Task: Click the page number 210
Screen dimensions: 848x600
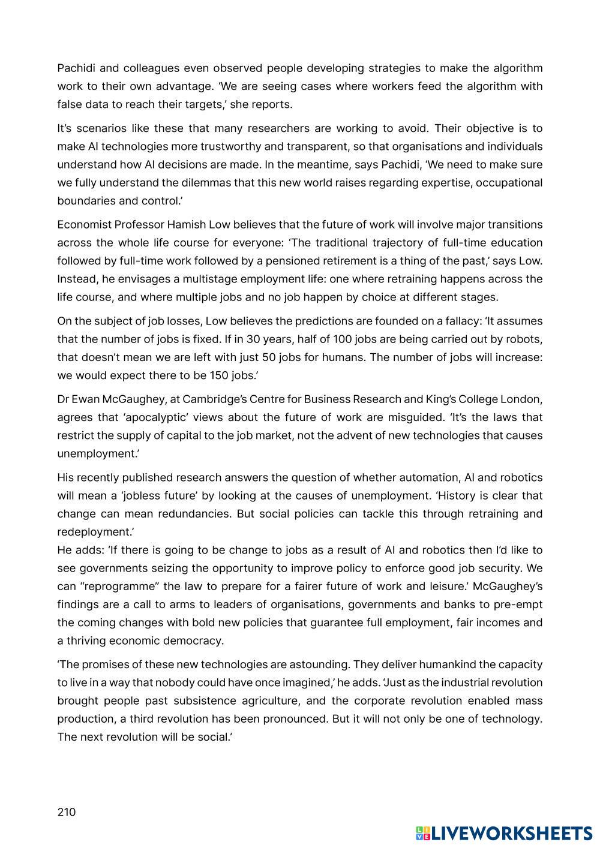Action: [x=67, y=812]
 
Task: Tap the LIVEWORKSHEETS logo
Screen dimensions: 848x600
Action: [x=504, y=833]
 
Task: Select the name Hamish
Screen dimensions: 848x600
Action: [x=187, y=225]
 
